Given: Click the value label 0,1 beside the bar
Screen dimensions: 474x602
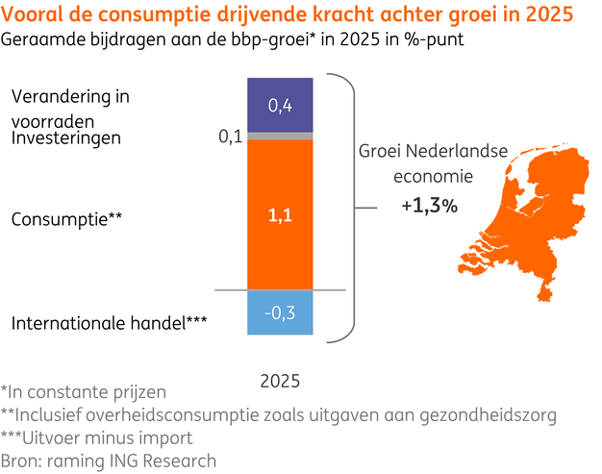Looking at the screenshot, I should click(x=230, y=137).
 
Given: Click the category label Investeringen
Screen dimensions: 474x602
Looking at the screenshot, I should click(x=66, y=138).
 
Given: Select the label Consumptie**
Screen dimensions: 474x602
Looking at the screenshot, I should click(x=66, y=218).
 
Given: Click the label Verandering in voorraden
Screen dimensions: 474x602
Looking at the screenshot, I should click(x=70, y=109).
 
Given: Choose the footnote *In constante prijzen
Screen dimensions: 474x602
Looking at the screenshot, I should click(x=84, y=391).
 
